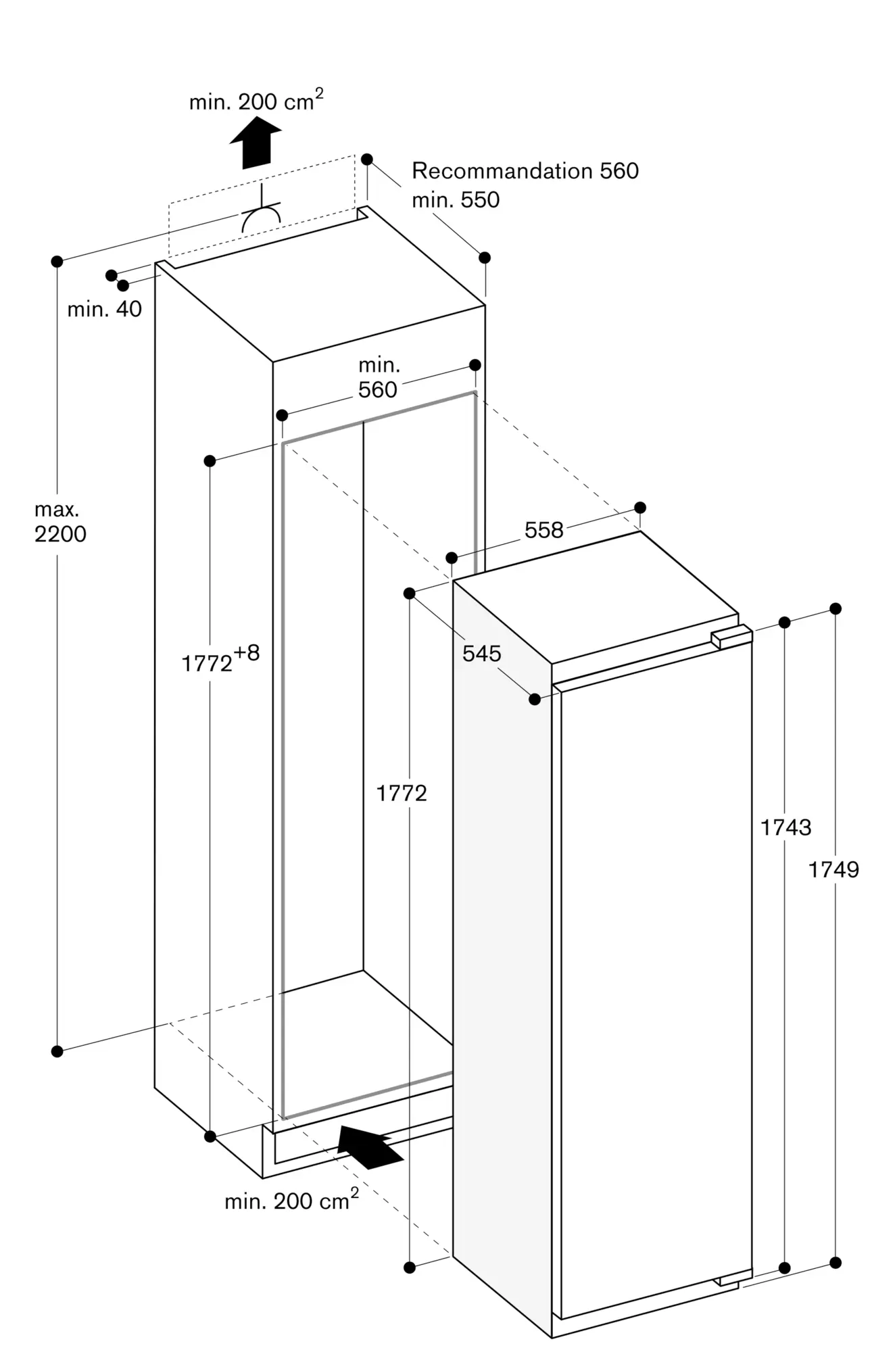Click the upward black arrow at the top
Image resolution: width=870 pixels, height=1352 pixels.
point(256,142)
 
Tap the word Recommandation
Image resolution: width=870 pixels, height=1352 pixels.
point(503,171)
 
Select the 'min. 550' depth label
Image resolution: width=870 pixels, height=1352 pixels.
point(456,199)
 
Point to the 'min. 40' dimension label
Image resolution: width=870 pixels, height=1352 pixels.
point(105,309)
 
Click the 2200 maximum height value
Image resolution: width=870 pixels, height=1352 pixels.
point(61,534)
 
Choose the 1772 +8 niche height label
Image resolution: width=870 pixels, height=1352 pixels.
point(220,660)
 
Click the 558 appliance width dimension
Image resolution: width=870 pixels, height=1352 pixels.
point(544,530)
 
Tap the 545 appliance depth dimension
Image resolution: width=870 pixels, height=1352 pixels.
point(482,653)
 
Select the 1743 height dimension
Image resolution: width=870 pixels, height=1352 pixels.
point(786,827)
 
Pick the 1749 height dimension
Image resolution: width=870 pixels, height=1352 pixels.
point(834,869)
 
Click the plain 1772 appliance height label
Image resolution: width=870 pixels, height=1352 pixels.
point(402,793)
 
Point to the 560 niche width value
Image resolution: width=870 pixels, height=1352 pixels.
point(378,390)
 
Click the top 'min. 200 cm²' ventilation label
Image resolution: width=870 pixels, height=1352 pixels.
point(256,101)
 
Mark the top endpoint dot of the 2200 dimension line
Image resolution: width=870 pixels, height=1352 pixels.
point(57,261)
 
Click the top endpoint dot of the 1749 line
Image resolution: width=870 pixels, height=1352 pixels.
point(836,608)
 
